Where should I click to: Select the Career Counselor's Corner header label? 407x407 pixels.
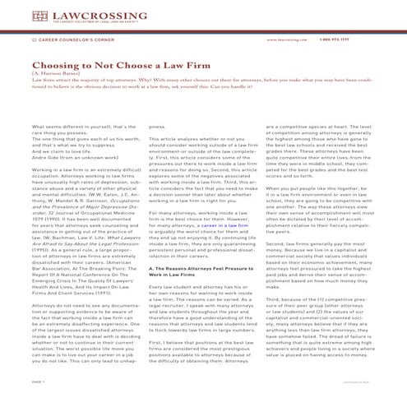[x=67, y=39]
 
